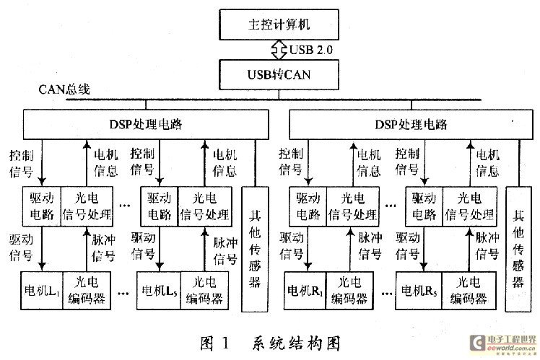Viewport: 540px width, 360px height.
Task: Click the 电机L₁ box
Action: (41, 290)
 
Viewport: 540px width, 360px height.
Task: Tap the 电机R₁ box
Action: (306, 290)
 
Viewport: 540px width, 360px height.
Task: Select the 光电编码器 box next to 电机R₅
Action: (464, 290)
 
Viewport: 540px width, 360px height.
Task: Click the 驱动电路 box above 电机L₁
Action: (41, 206)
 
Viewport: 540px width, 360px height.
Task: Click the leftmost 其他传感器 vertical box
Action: (254, 249)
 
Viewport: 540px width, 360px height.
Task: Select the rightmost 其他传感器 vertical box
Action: (518, 249)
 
